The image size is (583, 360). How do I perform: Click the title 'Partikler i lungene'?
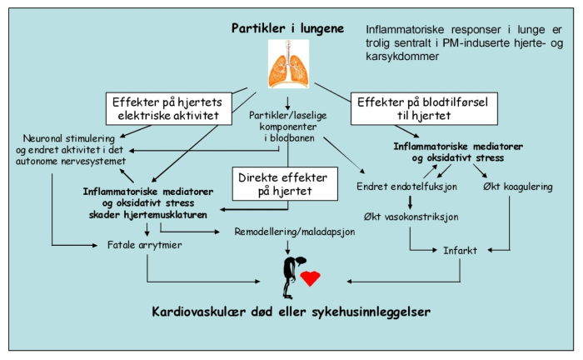pos(287,29)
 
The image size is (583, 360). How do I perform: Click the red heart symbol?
pos(310,277)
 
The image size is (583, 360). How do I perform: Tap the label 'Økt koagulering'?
pos(517,187)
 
